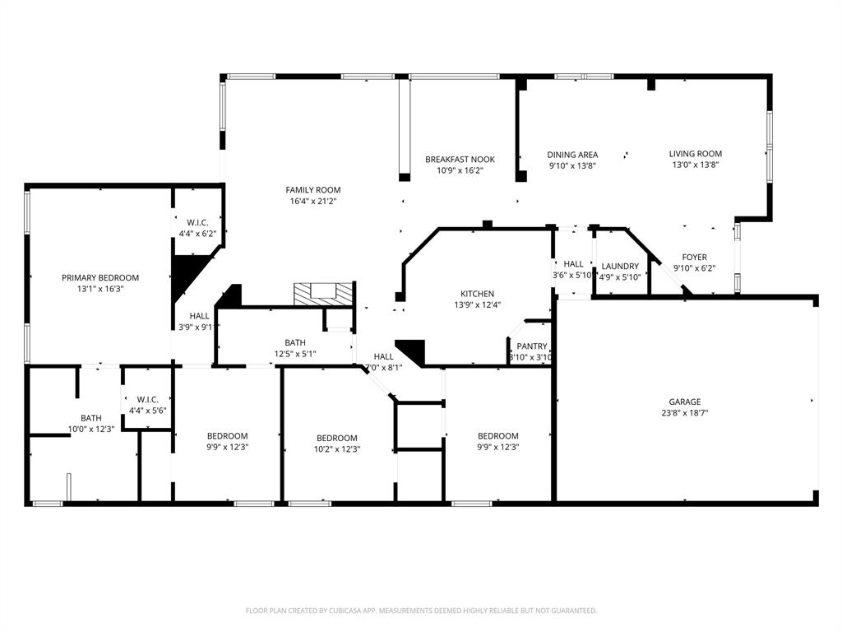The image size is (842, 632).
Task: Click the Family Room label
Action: [313, 190]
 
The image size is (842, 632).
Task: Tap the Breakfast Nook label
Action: [454, 160]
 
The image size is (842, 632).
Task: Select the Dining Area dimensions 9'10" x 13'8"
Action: [572, 165]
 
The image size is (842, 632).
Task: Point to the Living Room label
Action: [695, 154]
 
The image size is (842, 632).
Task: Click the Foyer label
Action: [695, 258]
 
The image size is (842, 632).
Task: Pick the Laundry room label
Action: [620, 267]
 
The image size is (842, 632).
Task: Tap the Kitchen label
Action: [477, 294]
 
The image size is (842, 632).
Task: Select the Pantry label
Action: [532, 346]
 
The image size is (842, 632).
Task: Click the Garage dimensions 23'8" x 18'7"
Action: [684, 413]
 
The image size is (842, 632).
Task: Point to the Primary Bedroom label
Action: [100, 278]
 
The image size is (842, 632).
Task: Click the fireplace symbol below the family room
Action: [326, 292]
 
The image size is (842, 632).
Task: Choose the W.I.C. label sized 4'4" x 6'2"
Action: [197, 222]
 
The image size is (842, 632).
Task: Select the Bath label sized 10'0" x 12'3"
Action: [90, 418]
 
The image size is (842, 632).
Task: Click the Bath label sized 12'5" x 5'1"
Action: [295, 343]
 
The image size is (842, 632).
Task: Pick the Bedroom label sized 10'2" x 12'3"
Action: [337, 438]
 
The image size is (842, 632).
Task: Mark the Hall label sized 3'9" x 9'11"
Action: [200, 316]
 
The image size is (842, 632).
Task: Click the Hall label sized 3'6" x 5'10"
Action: [573, 264]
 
